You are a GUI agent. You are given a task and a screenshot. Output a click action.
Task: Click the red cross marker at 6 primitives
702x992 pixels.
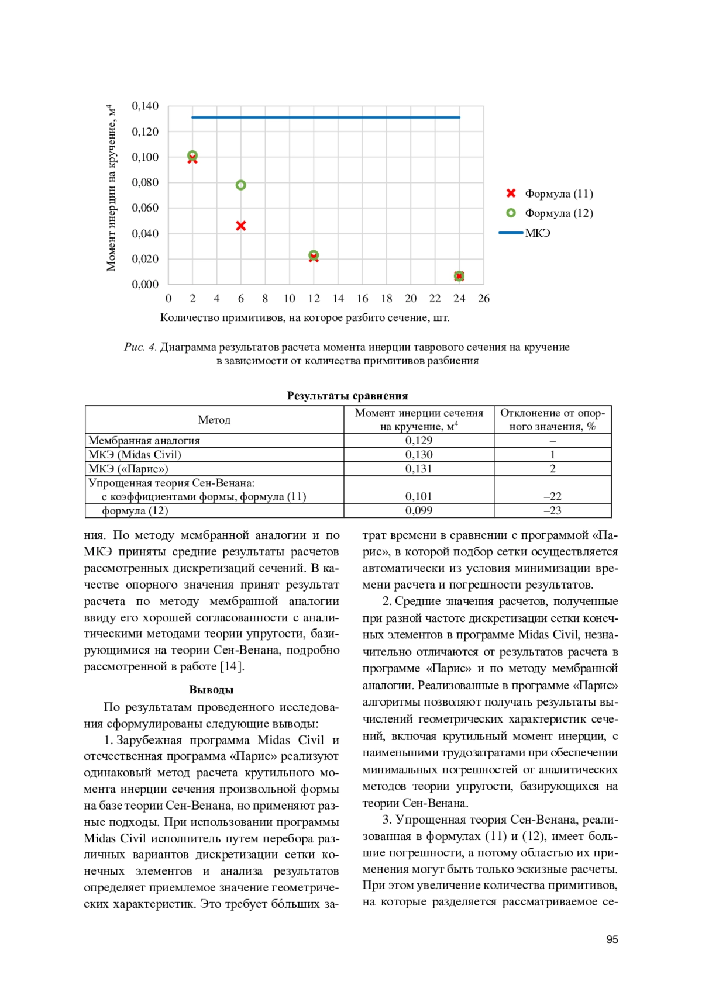pos(240,226)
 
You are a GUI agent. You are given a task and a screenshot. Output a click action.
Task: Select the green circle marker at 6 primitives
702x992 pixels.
pos(240,185)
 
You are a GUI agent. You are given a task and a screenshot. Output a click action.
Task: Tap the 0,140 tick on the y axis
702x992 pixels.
pos(145,106)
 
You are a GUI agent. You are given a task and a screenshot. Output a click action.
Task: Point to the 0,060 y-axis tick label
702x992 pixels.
pos(145,208)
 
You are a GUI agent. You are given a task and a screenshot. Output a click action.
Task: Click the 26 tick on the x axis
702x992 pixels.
pos(483,299)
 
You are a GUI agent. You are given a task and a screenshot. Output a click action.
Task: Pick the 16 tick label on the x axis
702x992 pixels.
pos(362,299)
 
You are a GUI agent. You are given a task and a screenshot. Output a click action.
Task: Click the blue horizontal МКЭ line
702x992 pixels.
pos(326,117)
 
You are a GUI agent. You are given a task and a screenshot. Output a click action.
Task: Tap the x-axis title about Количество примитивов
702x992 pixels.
pos(305,317)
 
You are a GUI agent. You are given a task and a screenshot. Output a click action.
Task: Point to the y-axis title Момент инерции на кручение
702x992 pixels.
pos(111,188)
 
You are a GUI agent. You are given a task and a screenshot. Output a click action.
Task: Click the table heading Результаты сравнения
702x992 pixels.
pos(347,396)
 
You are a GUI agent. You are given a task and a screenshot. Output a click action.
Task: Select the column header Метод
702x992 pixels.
pos(214,420)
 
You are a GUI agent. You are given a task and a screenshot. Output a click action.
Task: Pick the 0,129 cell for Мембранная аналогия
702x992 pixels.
pos(419,440)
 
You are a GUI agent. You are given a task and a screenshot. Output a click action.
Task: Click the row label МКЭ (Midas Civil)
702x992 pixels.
pos(135,454)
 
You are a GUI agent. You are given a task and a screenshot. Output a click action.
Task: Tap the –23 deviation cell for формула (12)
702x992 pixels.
pos(552,510)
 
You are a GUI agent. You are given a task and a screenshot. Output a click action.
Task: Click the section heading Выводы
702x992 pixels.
pos(211,690)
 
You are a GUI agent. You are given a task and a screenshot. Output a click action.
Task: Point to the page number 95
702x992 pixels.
pos(612,939)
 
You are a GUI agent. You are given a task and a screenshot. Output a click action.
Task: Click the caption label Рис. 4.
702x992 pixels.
pos(140,347)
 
